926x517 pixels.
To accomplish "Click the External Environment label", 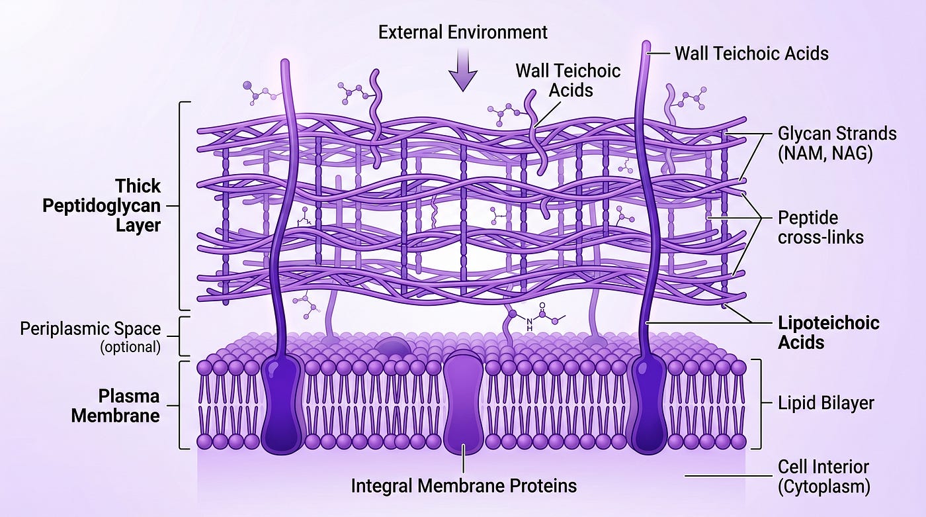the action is point(462,32).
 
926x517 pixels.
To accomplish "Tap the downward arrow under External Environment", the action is point(463,70).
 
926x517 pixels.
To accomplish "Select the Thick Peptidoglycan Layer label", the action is point(102,206).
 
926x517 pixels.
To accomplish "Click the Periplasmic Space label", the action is point(90,329).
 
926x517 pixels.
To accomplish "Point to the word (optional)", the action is point(130,347).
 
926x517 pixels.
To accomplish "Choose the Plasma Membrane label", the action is point(116,406).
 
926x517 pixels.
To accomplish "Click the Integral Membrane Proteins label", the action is point(464,486).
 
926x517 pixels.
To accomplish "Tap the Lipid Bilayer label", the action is point(826,403).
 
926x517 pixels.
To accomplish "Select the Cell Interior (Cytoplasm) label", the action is point(823,477).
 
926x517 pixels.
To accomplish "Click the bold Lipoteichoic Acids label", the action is point(828,332).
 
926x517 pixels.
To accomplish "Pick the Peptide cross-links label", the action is point(821,228).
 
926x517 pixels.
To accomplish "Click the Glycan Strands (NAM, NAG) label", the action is point(837,144).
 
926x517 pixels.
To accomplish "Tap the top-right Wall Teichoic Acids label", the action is point(751,54).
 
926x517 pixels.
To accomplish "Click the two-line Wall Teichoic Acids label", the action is point(568,80).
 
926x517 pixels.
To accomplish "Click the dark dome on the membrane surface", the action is point(393,348).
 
